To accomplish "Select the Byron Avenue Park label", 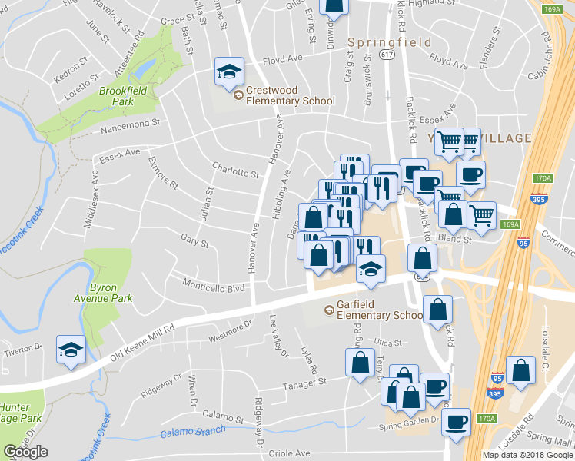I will [x=111, y=293].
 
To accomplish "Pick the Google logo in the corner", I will [x=25, y=452].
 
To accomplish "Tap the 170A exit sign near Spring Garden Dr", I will [x=485, y=419].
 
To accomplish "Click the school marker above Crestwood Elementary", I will [x=229, y=71].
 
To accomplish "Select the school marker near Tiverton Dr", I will [x=71, y=350].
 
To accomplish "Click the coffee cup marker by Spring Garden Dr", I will [x=457, y=422].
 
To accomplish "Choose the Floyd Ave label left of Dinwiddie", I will [x=282, y=59].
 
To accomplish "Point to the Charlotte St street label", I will [x=235, y=171].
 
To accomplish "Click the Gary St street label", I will [x=194, y=243].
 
